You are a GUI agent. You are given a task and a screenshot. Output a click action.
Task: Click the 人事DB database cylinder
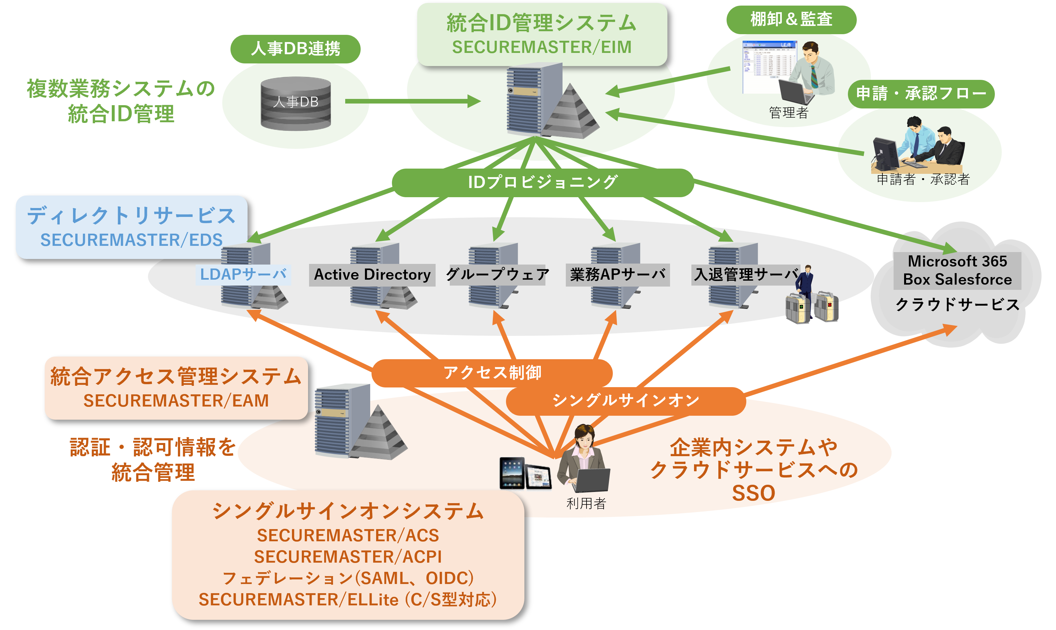point(296,103)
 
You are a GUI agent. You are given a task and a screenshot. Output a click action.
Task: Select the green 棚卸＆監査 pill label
point(791,19)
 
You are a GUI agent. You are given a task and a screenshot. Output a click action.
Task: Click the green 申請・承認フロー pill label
point(921,93)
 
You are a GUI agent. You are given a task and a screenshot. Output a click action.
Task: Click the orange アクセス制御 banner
point(492,373)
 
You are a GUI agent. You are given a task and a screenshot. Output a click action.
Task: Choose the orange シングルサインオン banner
point(625,400)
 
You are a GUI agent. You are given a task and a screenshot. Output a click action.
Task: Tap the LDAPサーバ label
point(243,275)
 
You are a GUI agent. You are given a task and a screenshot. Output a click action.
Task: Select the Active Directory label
point(372,275)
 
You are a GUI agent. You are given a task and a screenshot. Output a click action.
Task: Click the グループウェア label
point(497,275)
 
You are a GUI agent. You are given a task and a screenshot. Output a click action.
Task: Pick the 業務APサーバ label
point(617,275)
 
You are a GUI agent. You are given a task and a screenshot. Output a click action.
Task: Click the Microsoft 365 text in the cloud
point(957,261)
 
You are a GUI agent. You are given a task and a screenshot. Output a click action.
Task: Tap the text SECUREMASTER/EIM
point(541,47)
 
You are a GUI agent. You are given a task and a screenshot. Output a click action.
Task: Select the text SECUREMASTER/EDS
point(131,240)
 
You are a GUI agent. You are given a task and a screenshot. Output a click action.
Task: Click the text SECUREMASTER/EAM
point(176,400)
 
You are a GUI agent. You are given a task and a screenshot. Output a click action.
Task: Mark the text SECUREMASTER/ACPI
point(348,557)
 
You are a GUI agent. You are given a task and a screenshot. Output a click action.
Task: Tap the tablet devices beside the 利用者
point(525,473)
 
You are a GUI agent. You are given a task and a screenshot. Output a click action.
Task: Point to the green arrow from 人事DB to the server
point(412,101)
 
